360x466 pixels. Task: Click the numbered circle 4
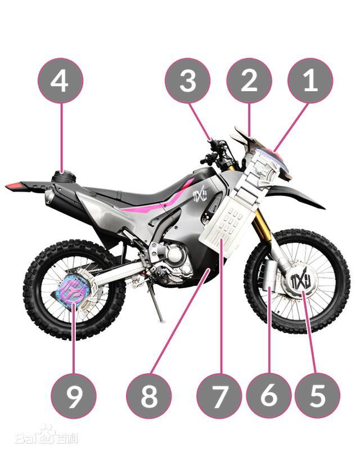click(60, 80)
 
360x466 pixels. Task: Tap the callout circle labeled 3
click(187, 80)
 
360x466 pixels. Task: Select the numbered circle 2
click(249, 80)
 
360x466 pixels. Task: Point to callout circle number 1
click(310, 80)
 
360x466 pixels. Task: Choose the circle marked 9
click(73, 396)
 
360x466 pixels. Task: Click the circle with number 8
click(149, 396)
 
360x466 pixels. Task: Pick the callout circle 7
click(219, 396)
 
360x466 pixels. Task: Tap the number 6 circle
click(269, 396)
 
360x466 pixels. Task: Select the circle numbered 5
click(317, 396)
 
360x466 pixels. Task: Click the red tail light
click(13, 186)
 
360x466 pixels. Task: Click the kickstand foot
click(161, 320)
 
